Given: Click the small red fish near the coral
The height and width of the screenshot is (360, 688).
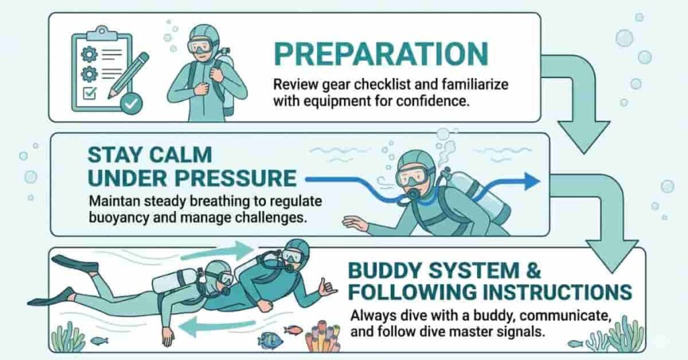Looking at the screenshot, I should [293, 330].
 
